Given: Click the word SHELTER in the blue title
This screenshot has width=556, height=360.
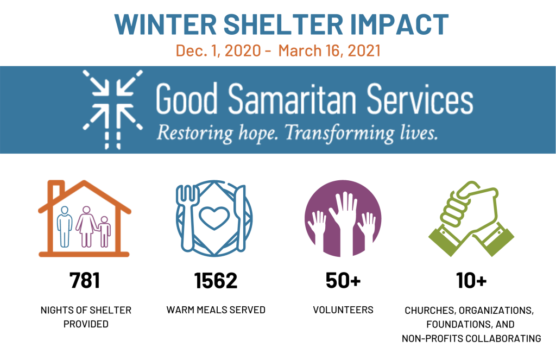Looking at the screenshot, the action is pos(283,24).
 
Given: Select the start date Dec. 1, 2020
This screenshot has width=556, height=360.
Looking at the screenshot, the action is pos(218,50).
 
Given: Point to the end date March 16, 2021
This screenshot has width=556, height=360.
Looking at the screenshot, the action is pos(330,50).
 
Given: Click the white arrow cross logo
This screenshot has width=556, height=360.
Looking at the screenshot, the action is pos(113,109).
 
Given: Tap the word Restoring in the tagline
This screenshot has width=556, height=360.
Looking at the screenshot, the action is pos(195,132).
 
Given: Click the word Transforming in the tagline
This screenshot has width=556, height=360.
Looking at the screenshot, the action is pos(339,132).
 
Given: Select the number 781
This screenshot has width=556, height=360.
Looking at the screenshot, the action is pos(85,281).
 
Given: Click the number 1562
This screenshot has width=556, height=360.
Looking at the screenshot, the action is pos(216,281).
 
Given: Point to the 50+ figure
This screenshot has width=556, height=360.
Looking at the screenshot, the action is pos(343,281).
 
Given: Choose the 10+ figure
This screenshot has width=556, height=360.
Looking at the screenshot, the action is pos(471,281).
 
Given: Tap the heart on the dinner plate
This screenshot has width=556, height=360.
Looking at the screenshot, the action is pos(214,217).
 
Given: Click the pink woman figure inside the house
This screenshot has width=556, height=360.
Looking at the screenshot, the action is pos(86,226).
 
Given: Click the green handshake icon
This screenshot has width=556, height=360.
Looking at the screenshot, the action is pos(471,218).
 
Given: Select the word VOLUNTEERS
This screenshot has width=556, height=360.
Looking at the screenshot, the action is pos(343,310).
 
